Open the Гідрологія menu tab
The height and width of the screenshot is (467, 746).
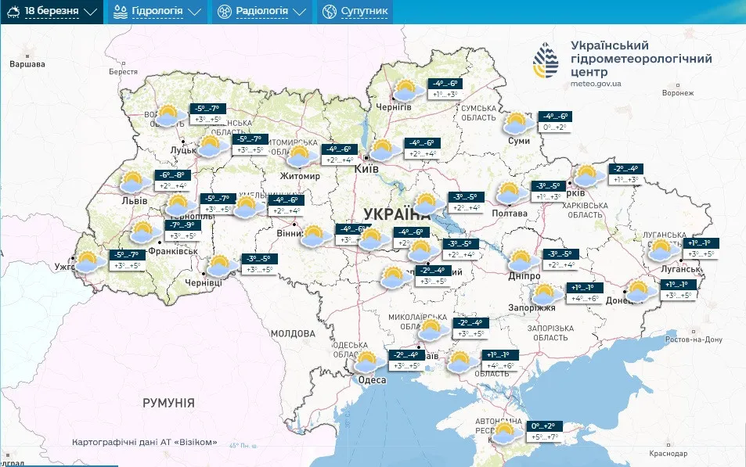tap(157, 12)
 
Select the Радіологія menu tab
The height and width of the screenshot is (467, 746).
tap(261, 12)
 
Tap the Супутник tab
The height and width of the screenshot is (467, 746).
tap(355, 12)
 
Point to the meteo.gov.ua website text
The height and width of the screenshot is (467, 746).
tap(596, 83)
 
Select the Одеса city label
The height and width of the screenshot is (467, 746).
tap(372, 380)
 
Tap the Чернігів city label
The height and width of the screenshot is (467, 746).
tap(395, 106)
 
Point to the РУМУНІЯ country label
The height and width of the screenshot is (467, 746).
tap(168, 403)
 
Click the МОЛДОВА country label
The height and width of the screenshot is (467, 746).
tap(292, 333)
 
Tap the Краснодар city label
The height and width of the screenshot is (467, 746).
tap(668, 454)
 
